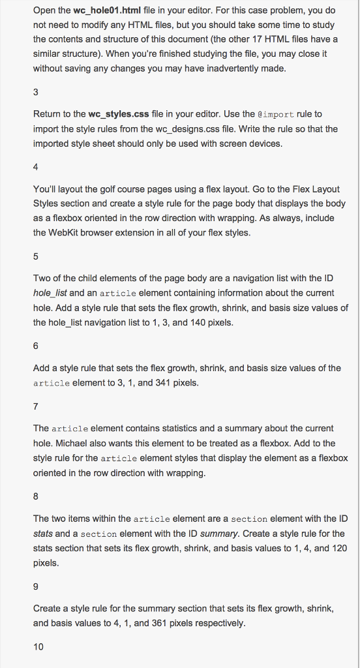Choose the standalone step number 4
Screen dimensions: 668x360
click(x=36, y=166)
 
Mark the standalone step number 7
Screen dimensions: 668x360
click(x=36, y=406)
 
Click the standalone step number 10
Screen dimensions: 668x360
click(x=38, y=646)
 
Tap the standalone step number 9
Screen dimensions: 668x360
click(x=36, y=585)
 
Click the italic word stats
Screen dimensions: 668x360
click(x=43, y=534)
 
